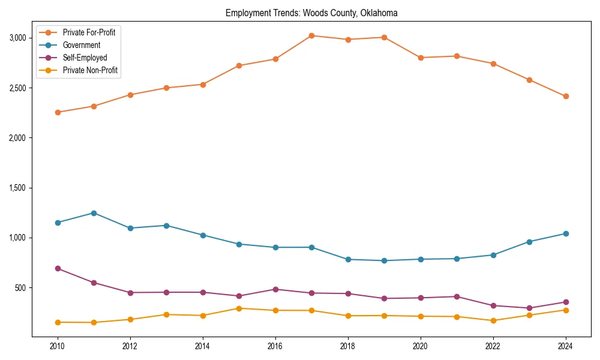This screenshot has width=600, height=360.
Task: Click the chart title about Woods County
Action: tap(311, 13)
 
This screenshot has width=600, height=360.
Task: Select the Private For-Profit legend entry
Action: tap(89, 32)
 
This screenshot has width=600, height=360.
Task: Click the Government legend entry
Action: tap(81, 45)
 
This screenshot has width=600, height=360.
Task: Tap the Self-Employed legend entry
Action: tap(85, 58)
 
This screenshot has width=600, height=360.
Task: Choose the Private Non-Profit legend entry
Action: tap(90, 71)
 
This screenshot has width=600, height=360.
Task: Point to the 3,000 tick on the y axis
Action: tap(18, 38)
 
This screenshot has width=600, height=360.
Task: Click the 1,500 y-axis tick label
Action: tap(18, 188)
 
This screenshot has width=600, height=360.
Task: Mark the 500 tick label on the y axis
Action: tap(21, 288)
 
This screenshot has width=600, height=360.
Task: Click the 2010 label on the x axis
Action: tap(58, 346)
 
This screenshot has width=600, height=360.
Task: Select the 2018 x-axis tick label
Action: tap(348, 346)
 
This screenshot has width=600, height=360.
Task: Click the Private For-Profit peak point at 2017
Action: tap(311, 35)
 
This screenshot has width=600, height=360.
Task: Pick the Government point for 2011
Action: tap(94, 213)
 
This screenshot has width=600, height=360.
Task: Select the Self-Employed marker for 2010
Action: tap(58, 268)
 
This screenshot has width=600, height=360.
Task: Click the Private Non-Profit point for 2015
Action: tap(239, 308)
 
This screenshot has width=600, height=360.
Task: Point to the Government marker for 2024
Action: tap(566, 233)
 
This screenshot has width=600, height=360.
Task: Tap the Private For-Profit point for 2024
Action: tap(566, 96)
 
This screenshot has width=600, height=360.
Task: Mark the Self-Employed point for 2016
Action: tap(275, 289)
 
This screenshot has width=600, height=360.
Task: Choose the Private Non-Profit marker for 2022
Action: tap(493, 320)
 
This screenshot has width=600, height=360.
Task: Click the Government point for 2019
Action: tap(384, 260)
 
